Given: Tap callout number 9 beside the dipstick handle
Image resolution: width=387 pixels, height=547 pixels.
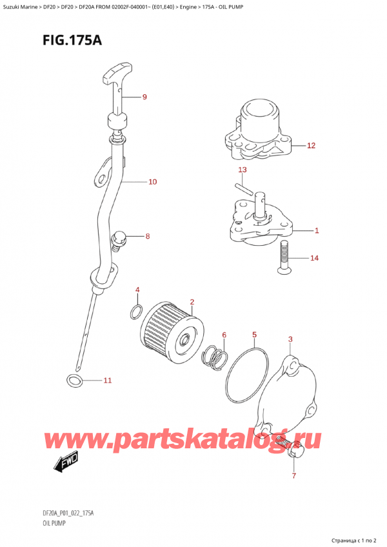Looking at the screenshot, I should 144,97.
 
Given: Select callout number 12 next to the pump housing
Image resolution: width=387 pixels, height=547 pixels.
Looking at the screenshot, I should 311,145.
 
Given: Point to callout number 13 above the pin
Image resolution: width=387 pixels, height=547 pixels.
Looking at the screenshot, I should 243,170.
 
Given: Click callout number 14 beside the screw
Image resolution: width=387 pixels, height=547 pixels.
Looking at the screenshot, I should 314,258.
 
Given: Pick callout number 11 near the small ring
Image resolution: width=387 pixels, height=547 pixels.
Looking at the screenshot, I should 108,381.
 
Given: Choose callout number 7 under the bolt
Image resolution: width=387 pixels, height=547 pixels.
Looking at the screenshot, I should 293,476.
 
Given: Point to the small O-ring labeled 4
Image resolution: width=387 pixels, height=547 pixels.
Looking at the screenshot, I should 136,312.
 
